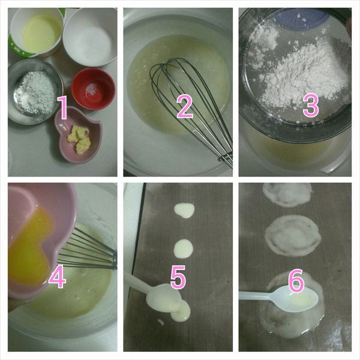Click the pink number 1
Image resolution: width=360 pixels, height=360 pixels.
(x=62, y=107)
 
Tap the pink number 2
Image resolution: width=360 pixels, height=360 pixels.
(x=185, y=107)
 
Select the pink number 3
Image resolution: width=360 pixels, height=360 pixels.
(x=311, y=106)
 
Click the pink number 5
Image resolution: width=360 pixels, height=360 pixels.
(x=178, y=277)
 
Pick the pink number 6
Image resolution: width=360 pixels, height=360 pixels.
(x=296, y=280)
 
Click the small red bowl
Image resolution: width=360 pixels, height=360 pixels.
(x=93, y=89)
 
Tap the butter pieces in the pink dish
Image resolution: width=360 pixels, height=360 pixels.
(x=79, y=139)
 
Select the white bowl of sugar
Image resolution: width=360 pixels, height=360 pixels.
(x=90, y=37)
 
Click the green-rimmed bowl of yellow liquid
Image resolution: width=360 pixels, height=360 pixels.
(x=36, y=32)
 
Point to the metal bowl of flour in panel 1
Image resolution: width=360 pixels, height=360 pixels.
(x=35, y=91)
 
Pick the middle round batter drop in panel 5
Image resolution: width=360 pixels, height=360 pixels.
(x=183, y=248)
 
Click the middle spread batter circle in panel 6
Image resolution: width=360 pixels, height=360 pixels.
(x=293, y=235)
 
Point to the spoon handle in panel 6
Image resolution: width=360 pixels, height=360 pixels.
(x=256, y=295)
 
